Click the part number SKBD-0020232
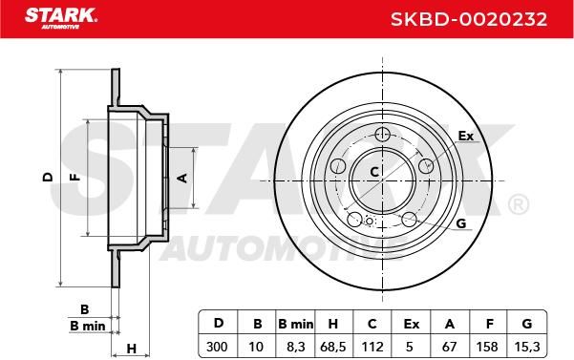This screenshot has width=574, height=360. [469, 19]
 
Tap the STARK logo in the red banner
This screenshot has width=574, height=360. [60, 18]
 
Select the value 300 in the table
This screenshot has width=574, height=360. [217, 347]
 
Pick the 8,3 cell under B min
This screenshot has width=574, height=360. [295, 347]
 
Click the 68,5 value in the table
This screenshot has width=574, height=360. [333, 347]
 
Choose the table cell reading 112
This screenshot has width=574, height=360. [372, 347]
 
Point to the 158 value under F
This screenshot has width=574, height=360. [487, 347]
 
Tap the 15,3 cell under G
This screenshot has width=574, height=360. [527, 347]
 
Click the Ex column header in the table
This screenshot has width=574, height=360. [411, 324]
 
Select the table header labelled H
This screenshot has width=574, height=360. [332, 324]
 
